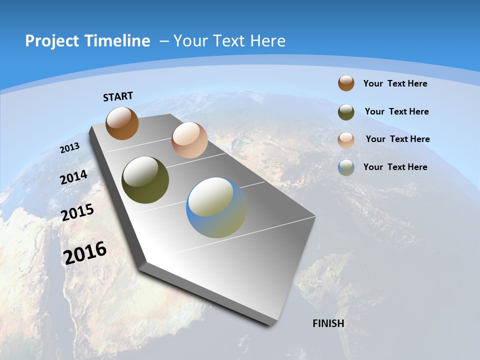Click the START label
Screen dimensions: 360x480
tap(118, 96)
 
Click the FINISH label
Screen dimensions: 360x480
tap(328, 323)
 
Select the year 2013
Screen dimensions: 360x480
tap(70, 148)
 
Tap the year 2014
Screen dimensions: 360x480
tap(74, 177)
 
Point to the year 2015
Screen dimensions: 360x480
tap(77, 212)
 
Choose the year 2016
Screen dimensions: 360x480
tap(85, 253)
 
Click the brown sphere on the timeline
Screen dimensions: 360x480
tap(122, 123)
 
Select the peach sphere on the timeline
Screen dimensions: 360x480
tap(189, 140)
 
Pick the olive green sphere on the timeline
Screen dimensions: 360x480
tap(145, 180)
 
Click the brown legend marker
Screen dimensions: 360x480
tap(346, 83)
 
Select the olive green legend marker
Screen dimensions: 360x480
tap(346, 112)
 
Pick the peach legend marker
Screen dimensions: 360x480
tap(346, 139)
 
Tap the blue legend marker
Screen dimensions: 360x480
tap(346, 167)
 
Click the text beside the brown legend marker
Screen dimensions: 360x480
tap(395, 83)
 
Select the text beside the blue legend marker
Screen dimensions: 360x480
tap(395, 167)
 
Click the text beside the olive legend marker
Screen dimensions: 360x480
tap(396, 111)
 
